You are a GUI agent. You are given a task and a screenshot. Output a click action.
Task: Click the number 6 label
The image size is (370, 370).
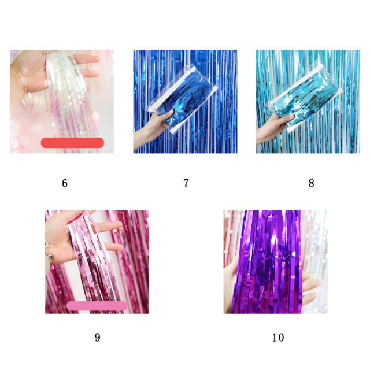point(65,183)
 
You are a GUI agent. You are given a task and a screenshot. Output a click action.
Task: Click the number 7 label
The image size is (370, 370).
point(186,183)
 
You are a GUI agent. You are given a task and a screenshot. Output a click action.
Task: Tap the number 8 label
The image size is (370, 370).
point(311,183)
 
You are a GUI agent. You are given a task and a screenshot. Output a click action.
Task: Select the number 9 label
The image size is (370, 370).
point(98,337)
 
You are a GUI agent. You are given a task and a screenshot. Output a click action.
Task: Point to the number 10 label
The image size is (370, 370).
point(278,338)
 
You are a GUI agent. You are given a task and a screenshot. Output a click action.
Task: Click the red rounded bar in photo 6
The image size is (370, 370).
point(72,143)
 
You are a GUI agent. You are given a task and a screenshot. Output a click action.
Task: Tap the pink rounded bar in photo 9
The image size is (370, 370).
point(97,306)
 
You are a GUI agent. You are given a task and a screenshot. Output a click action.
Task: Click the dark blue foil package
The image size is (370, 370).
point(182,99)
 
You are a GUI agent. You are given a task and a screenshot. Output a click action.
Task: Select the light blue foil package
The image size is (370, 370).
point(305,99)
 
